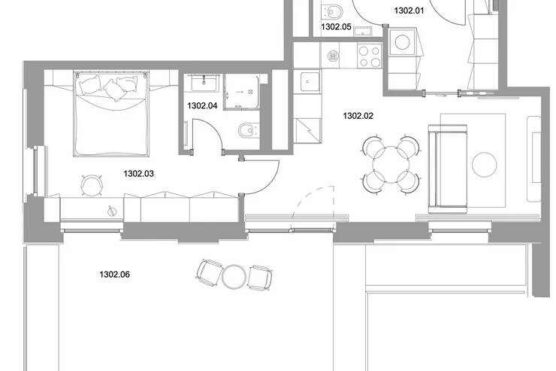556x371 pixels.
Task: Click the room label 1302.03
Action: tap(139, 174)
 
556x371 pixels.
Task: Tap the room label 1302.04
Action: tap(202, 105)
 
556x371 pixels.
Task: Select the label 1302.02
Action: tap(358, 116)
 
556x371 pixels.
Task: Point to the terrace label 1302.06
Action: tap(114, 275)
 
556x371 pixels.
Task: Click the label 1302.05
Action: tap(336, 26)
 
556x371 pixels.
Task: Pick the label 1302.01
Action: tap(409, 11)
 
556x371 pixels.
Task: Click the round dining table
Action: tap(391, 165)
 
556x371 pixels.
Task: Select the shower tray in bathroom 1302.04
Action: tap(242, 92)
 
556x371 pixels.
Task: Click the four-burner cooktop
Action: tap(370, 56)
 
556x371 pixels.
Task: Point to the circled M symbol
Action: tap(333, 56)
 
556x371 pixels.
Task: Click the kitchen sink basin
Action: tap(307, 81)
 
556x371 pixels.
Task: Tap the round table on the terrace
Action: tap(234, 276)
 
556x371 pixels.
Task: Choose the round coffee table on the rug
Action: tap(485, 165)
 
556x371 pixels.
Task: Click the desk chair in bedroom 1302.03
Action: tap(92, 184)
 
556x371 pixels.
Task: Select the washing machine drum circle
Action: tap(403, 43)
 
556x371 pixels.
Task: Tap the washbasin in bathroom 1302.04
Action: tap(204, 84)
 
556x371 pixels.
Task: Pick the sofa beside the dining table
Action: tap(448, 169)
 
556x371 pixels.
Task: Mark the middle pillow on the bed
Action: tap(114, 90)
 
